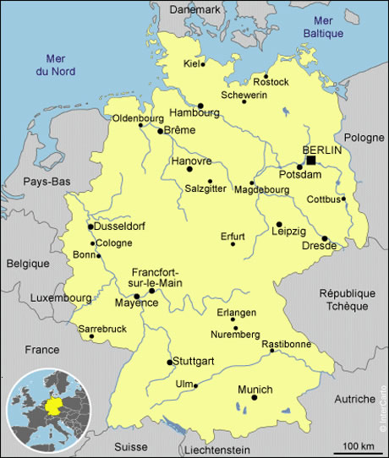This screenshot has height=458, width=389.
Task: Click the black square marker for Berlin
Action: click(x=311, y=160)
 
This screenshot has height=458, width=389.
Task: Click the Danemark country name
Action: click(x=194, y=8)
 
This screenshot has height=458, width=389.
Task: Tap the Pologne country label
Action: click(x=364, y=137)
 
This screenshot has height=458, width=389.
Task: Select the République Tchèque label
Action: click(x=346, y=298)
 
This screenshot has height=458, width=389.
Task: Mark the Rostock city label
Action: click(x=271, y=82)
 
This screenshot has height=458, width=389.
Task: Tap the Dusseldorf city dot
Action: click(x=90, y=226)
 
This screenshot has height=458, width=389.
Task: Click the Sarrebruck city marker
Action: click(x=92, y=336)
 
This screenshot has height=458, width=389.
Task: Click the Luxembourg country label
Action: click(x=60, y=298)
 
